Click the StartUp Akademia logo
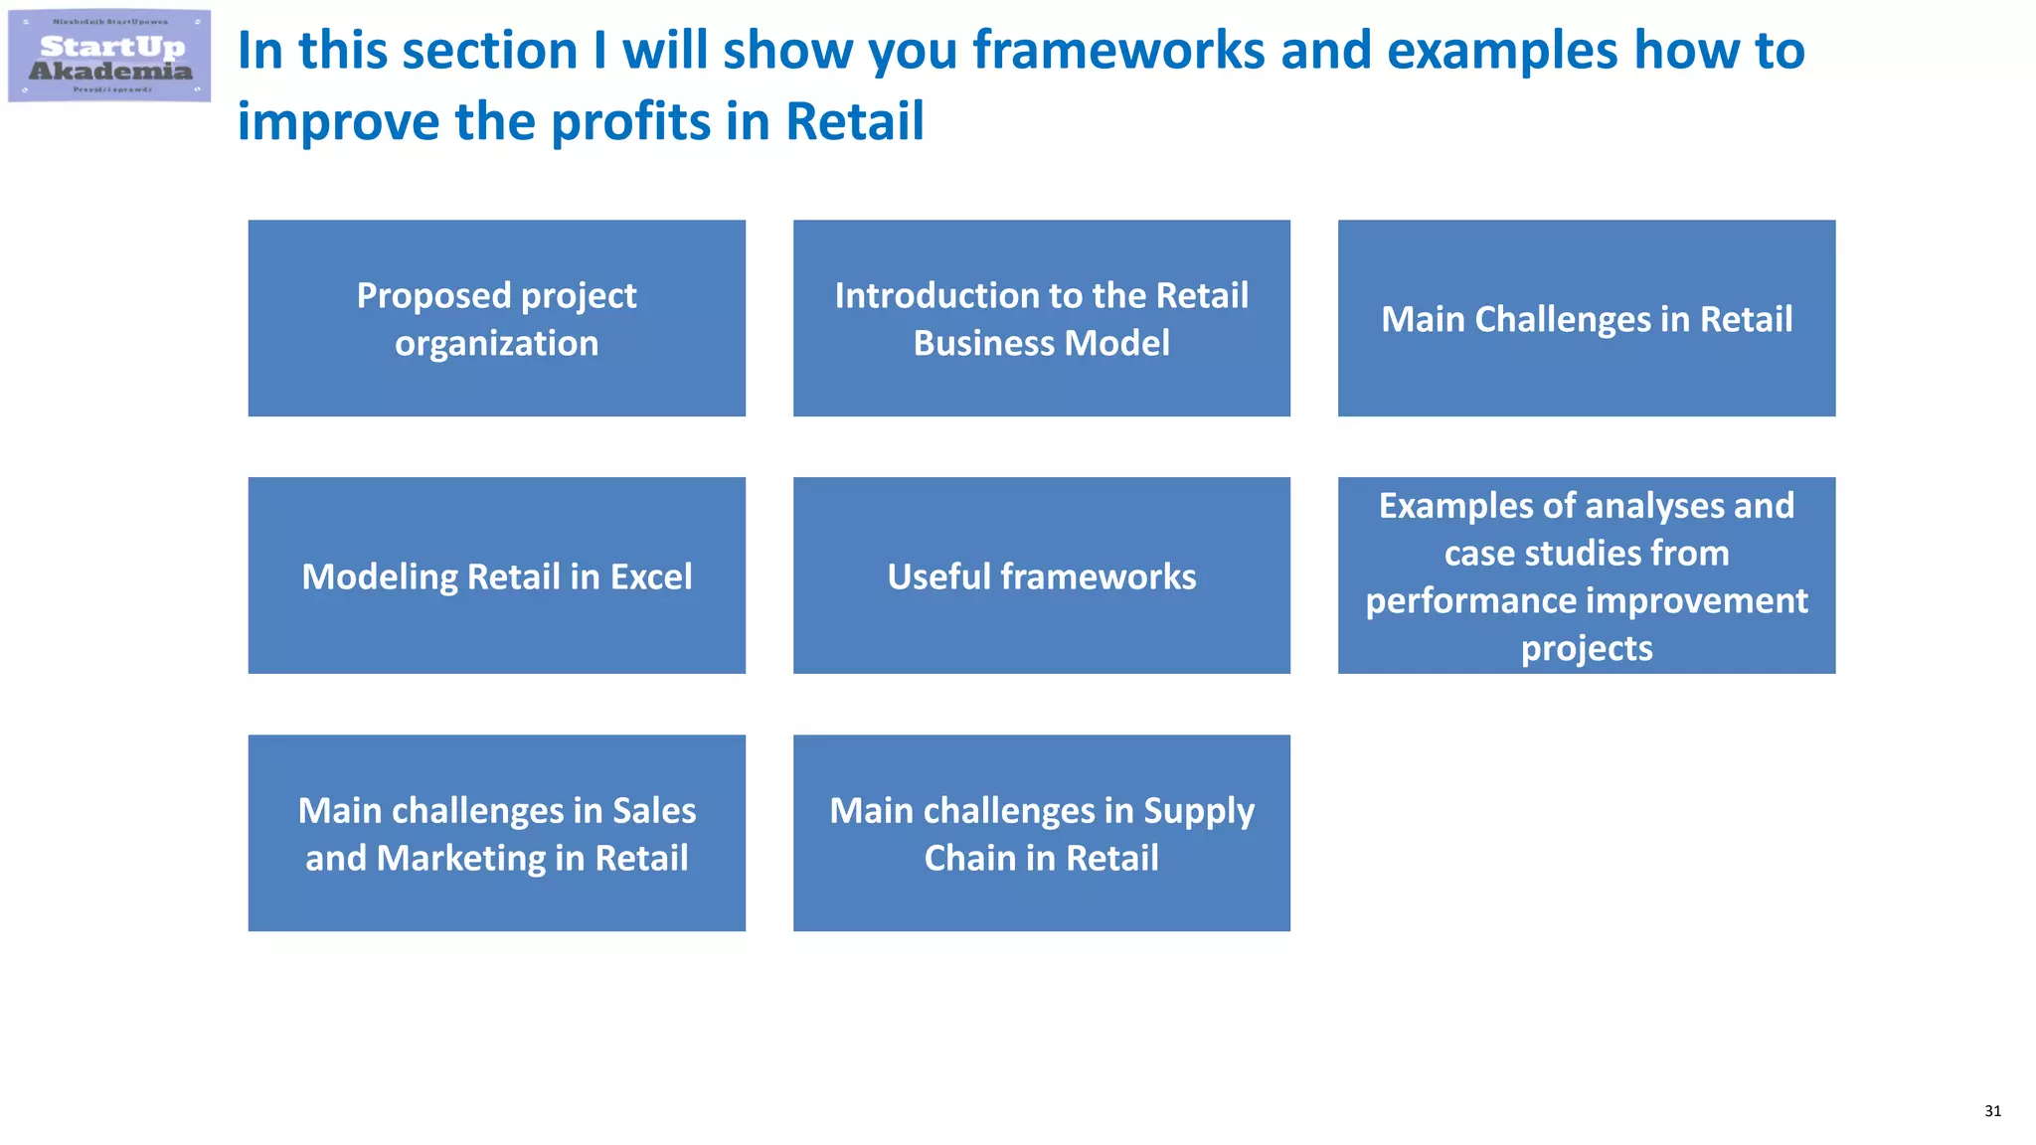click(109, 57)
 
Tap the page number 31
click(1992, 1111)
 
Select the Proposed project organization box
click(496, 318)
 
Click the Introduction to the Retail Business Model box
click(1041, 318)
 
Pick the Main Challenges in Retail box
click(1586, 318)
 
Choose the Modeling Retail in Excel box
click(496, 575)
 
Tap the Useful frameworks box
click(1041, 575)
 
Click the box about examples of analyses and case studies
click(1586, 575)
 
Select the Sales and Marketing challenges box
click(496, 833)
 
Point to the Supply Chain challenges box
click(1041, 833)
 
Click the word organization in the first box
click(496, 344)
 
